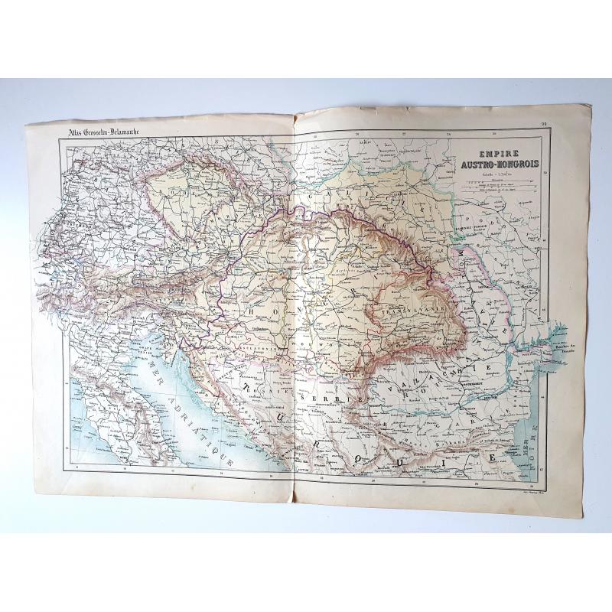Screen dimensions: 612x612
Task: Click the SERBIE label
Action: [x=321, y=399]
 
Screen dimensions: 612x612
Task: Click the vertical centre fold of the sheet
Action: [x=294, y=306]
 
